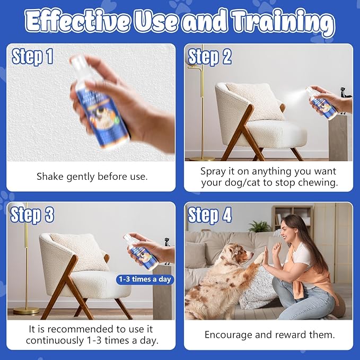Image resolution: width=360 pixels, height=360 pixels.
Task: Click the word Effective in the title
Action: tap(77, 22)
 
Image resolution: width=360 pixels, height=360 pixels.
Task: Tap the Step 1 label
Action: tap(32, 56)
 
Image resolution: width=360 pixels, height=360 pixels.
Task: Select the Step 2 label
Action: tap(210, 56)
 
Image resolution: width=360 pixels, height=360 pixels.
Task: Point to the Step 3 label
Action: tap(32, 215)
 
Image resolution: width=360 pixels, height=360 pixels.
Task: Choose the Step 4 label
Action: tap(210, 215)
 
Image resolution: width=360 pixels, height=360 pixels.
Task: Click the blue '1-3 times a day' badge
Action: tap(145, 279)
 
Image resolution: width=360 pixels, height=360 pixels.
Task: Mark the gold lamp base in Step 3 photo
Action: tap(27, 310)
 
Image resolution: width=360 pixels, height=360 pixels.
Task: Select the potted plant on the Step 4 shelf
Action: tap(260, 226)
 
